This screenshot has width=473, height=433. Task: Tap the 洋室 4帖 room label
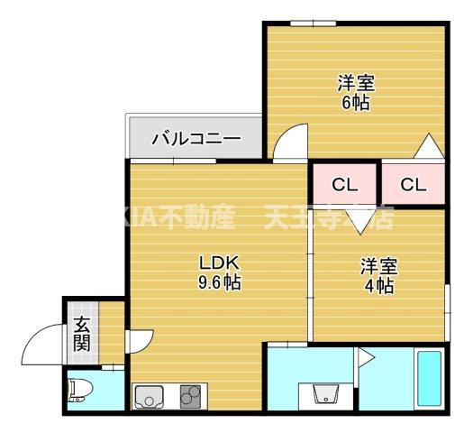pos(378,276)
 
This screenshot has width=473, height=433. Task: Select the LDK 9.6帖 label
pos(219,272)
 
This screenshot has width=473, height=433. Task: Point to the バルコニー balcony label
pos(196,139)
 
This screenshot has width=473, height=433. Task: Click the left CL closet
pos(345,186)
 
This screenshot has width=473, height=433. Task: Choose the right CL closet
pos(413,186)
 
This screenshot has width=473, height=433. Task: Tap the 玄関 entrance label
pos(82,333)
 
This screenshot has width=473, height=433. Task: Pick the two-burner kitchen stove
pos(190,396)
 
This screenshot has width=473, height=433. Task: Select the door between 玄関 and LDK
pos(138,342)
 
